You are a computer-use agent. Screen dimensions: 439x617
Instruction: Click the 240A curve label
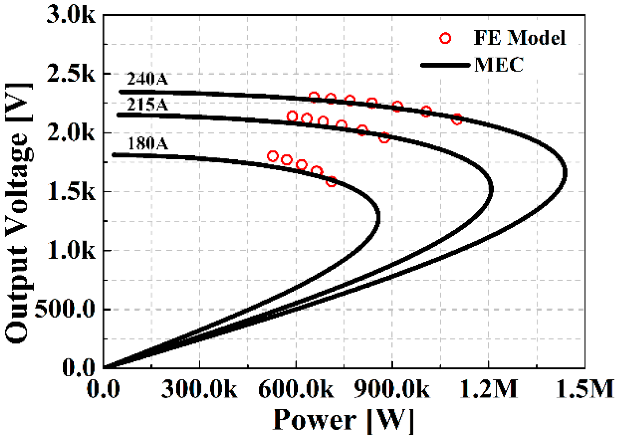click(x=147, y=79)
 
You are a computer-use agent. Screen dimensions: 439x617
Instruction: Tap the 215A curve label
click(x=147, y=105)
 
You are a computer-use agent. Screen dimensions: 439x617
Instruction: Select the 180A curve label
click(x=147, y=144)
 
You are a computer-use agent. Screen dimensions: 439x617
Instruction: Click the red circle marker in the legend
click(x=445, y=38)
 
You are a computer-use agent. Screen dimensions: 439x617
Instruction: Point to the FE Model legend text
click(x=519, y=38)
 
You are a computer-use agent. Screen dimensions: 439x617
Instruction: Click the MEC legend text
click(x=499, y=65)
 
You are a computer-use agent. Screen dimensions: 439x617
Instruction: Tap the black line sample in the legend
click(x=445, y=65)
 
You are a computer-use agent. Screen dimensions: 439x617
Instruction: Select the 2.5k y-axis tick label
click(x=71, y=74)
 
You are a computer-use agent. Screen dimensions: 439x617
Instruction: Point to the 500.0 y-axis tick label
click(x=65, y=310)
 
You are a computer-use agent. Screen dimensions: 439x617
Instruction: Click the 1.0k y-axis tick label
click(x=71, y=251)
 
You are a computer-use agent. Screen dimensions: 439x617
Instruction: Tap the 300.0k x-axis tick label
click(x=199, y=389)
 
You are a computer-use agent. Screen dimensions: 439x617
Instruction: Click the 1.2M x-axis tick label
click(x=488, y=389)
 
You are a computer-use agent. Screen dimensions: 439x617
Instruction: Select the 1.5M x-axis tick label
click(x=585, y=389)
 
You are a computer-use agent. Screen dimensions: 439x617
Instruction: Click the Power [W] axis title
click(x=343, y=420)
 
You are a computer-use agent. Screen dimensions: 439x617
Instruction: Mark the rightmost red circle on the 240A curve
click(x=457, y=119)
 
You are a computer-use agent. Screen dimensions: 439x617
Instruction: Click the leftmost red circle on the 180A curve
click(x=273, y=156)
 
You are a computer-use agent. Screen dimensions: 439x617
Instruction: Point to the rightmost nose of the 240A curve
click(x=565, y=174)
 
